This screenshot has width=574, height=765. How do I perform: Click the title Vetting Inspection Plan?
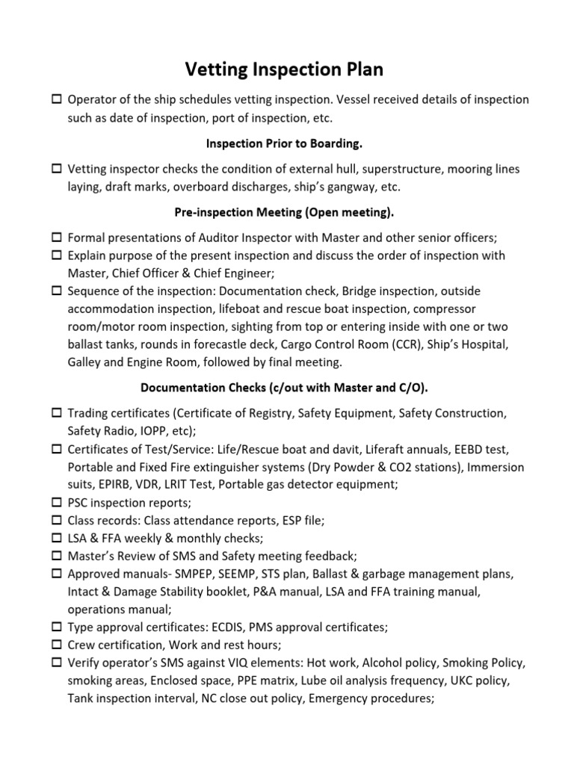pos(285,70)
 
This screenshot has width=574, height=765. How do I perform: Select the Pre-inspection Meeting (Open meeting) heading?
pos(285,212)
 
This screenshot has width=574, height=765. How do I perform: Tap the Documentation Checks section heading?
pos(285,387)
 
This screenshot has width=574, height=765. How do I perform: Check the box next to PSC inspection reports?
pos(57,502)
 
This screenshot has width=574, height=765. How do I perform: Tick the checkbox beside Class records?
pos(57,520)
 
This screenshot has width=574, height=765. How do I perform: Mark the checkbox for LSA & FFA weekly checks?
pos(57,538)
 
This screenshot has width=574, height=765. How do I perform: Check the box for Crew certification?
pos(57,645)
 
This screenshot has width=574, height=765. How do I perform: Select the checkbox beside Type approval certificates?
pos(57,628)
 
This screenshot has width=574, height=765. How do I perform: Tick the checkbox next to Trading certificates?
pos(57,413)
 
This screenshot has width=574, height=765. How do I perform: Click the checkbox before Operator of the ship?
pos(57,100)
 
